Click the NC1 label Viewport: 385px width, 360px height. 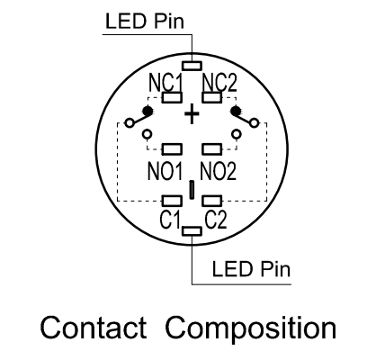pyautogui.click(x=166, y=83)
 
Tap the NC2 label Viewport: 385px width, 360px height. pyautogui.click(x=219, y=83)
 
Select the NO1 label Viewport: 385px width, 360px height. pyautogui.click(x=166, y=171)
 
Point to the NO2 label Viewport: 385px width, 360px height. pyautogui.click(x=219, y=171)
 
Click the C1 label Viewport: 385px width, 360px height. pyautogui.click(x=170, y=220)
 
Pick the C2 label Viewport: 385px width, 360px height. pyautogui.click(x=216, y=220)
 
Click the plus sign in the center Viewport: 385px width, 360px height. pyautogui.click(x=192, y=114)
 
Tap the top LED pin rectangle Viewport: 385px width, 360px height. pyautogui.click(x=192, y=66)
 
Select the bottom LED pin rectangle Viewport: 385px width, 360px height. pyautogui.click(x=192, y=231)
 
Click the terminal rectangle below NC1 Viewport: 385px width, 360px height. pyautogui.click(x=172, y=97)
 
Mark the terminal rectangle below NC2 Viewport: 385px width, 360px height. pyautogui.click(x=212, y=97)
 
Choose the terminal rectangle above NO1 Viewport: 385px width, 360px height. pyautogui.click(x=172, y=149)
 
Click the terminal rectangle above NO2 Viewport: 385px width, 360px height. pyautogui.click(x=212, y=149)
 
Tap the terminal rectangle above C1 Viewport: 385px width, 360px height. pyautogui.click(x=172, y=201)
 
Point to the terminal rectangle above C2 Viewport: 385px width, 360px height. pyautogui.click(x=212, y=201)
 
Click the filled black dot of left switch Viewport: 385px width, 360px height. pyautogui.click(x=148, y=112)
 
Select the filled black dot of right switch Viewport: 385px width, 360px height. pyautogui.click(x=236, y=112)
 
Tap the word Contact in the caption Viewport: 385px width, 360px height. pyautogui.click(x=94, y=328)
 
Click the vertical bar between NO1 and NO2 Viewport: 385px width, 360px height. pyautogui.click(x=192, y=190)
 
